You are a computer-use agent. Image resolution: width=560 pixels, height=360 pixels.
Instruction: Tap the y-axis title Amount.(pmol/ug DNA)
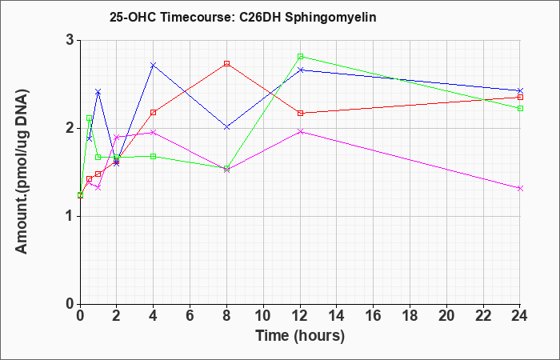(22, 172)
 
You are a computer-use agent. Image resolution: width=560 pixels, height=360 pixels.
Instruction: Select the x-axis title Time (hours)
(300, 336)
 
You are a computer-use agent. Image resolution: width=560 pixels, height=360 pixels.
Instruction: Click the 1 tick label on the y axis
(70, 217)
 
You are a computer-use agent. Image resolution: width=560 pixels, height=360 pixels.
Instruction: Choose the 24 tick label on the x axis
(520, 316)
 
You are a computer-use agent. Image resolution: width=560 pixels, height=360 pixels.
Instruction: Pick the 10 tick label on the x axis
(263, 316)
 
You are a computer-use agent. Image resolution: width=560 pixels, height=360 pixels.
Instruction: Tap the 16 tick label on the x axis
(374, 316)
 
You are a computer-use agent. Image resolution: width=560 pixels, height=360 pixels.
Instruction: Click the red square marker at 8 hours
(226, 63)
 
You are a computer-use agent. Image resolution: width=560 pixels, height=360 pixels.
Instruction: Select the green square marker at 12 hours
(300, 57)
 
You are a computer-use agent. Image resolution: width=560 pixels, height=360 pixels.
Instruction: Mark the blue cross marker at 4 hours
(154, 65)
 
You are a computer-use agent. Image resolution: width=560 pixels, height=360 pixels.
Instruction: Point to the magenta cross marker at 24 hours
(520, 188)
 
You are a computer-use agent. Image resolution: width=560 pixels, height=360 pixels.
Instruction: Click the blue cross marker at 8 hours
(226, 127)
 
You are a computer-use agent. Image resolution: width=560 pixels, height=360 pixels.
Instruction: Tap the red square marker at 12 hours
(300, 114)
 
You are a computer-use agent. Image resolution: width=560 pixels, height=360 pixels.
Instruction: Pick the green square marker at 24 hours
(520, 108)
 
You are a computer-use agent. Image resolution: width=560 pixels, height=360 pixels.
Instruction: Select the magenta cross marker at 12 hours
(300, 132)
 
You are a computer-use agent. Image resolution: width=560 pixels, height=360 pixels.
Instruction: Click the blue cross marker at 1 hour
(98, 92)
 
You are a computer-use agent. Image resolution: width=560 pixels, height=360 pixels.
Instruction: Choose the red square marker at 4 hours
(154, 113)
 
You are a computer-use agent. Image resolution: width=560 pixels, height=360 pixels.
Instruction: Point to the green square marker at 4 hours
(154, 157)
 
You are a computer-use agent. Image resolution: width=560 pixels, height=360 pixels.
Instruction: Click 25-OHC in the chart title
(133, 17)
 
